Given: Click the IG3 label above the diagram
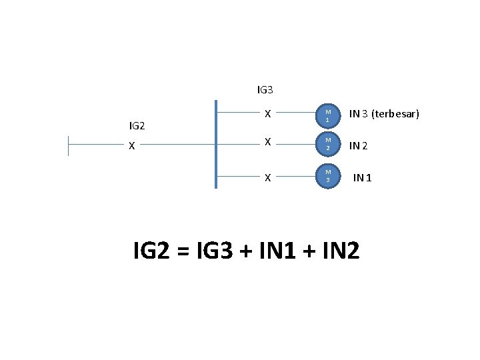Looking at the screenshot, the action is (x=265, y=89).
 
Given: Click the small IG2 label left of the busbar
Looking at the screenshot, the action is (x=137, y=125).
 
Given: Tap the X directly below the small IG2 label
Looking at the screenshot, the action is (x=132, y=145).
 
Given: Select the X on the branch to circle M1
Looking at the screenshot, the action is (x=267, y=114).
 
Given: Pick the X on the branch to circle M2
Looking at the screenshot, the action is (x=267, y=143).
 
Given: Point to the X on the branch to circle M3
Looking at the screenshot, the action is (x=267, y=177).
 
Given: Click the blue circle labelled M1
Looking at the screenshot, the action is (x=327, y=114).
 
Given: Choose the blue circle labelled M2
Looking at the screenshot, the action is (x=327, y=143).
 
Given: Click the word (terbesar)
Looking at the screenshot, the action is (x=396, y=114).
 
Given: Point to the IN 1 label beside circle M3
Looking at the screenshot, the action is (x=363, y=177).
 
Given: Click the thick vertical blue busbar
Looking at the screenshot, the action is (x=216, y=144).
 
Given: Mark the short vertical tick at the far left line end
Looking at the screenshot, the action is (x=68, y=145).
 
